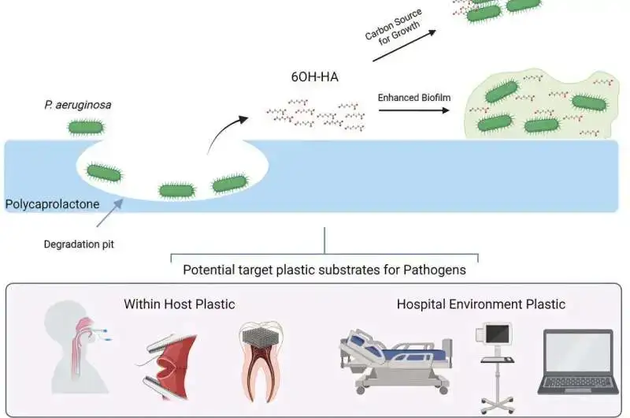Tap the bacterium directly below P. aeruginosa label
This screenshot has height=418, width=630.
pos(84,126)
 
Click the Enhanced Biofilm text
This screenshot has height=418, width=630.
pos(410,98)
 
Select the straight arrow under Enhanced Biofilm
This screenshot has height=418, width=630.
pos(411,111)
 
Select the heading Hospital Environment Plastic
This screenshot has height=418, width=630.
pos(480,304)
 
